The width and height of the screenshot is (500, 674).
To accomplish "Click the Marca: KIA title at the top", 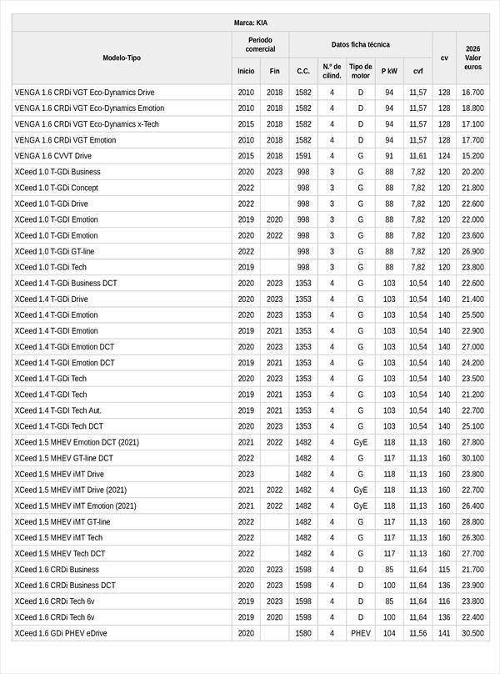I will coord(250,23).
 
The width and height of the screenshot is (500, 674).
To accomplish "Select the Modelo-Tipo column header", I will coord(122,58).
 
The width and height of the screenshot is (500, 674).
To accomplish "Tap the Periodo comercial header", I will coord(260,44).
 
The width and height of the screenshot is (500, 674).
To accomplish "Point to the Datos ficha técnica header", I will coord(360,44).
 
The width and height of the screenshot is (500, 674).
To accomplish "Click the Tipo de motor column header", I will coord(361,71).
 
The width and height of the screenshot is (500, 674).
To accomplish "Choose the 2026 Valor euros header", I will coord(472,58).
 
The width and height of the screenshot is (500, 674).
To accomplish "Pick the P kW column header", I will coord(389,71).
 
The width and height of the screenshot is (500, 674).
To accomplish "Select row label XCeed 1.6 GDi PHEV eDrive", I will coord(61,633).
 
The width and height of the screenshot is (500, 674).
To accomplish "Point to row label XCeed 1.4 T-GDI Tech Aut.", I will coord(58,410).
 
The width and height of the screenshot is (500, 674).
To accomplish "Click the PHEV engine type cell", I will coord(361,633).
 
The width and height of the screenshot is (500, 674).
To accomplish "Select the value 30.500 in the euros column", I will coord(472,633).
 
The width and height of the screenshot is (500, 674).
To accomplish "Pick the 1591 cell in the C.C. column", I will coord(303,156).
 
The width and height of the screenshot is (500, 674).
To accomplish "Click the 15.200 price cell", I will coord(472,156).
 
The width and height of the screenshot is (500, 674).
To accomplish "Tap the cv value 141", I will coord(444,633).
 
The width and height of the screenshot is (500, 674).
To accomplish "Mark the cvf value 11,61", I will coord(418,156).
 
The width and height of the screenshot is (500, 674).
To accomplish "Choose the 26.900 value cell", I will coord(472,251).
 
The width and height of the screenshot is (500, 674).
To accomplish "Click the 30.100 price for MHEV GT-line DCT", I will coord(472,458).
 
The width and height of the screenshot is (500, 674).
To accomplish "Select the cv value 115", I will coord(444,569).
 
